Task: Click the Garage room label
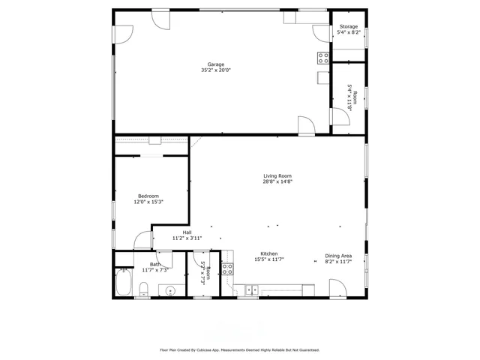click(x=216, y=64)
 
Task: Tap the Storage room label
click(x=349, y=27)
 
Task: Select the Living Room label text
click(x=277, y=175)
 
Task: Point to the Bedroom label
click(x=148, y=196)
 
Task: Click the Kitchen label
click(x=269, y=253)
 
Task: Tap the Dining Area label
click(x=338, y=255)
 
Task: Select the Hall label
click(x=187, y=232)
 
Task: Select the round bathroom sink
click(x=170, y=289)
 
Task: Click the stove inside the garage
click(x=323, y=58)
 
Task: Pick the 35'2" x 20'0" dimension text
click(x=216, y=70)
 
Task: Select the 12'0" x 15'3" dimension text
click(x=148, y=202)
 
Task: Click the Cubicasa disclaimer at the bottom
click(x=240, y=349)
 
